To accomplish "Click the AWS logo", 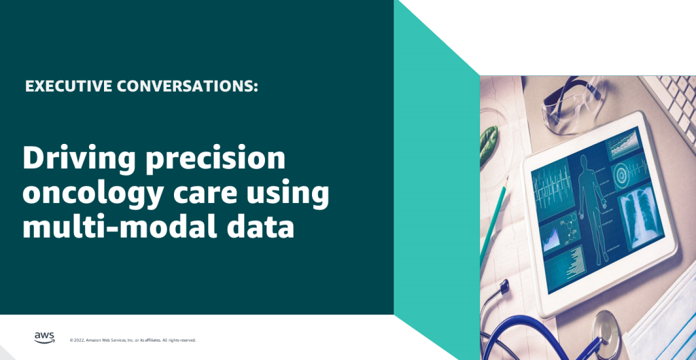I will coord(43,338).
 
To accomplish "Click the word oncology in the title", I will coord(88,194).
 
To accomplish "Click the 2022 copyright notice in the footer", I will coord(133,340).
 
